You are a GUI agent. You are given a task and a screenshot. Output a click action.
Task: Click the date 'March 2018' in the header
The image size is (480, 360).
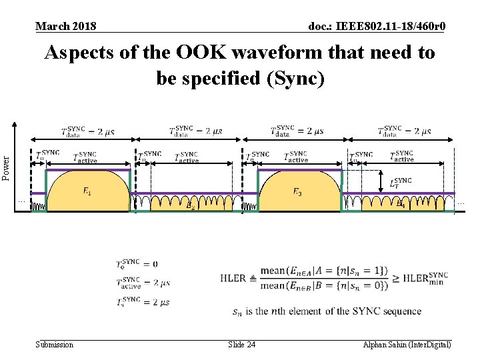65,26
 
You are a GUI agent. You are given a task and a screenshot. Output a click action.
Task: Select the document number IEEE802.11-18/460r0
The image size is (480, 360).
377,26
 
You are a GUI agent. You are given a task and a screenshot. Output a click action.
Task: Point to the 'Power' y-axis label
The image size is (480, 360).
7,167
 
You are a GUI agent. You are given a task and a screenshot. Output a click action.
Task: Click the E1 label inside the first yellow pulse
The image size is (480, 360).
87,192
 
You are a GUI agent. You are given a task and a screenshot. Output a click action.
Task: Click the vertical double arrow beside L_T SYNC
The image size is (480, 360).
381,181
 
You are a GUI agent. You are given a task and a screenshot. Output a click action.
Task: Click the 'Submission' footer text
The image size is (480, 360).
54,345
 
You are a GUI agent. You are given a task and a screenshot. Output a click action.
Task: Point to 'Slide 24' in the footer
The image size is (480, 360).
241,345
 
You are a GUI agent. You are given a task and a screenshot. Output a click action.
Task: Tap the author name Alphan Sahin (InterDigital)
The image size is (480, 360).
407,345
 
